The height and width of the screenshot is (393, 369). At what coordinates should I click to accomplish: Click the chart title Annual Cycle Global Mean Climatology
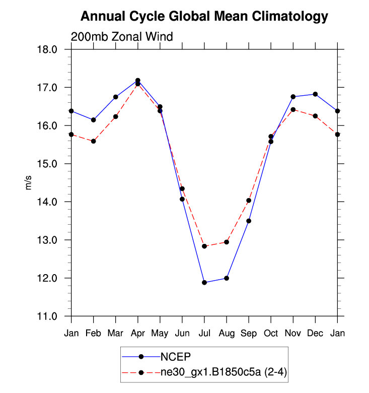point(204,17)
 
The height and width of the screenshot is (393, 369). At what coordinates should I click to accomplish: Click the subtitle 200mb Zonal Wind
point(122,37)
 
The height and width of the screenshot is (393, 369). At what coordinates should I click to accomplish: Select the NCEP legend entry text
point(176,357)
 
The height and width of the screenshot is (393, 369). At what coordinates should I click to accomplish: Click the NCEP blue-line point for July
point(204,283)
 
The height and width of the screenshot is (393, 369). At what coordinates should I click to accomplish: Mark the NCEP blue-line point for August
point(227,278)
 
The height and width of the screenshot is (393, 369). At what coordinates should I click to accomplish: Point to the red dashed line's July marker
point(204,246)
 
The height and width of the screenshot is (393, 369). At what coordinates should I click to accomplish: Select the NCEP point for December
point(315,94)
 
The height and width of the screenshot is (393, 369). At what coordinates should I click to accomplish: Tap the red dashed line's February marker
point(94,141)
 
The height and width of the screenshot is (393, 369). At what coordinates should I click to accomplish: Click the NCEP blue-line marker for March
point(116,97)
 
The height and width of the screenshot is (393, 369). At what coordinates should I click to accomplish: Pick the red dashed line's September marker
point(249,201)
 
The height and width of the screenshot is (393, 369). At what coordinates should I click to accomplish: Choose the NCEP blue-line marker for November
point(293,97)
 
